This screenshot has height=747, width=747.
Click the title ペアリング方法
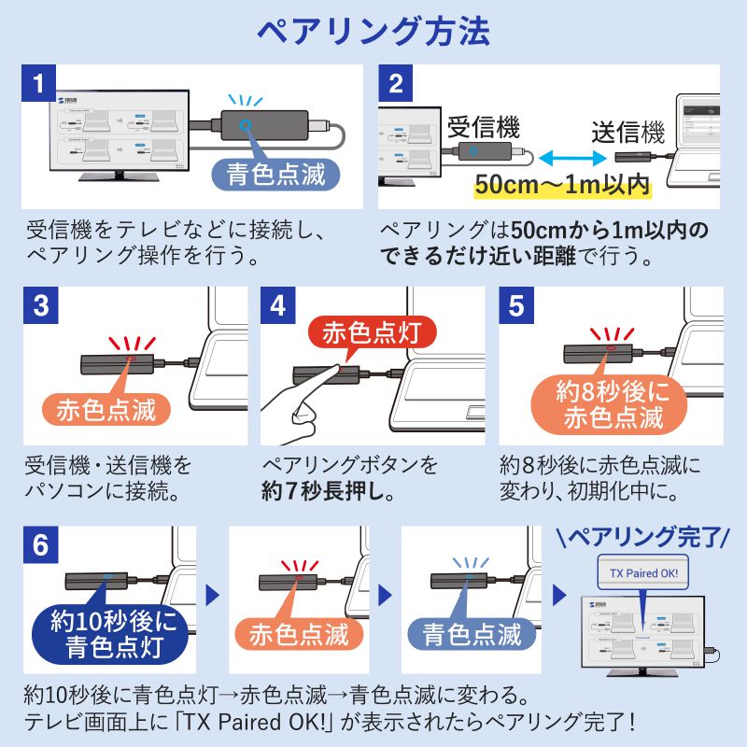[x=373, y=33]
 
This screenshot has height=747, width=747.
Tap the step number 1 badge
[x=38, y=83]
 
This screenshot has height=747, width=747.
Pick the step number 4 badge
[x=279, y=305]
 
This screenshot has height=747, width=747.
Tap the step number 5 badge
[x=516, y=305]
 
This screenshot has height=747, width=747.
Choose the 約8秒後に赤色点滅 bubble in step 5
[x=612, y=404]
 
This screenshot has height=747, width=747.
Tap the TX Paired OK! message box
[x=643, y=572]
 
